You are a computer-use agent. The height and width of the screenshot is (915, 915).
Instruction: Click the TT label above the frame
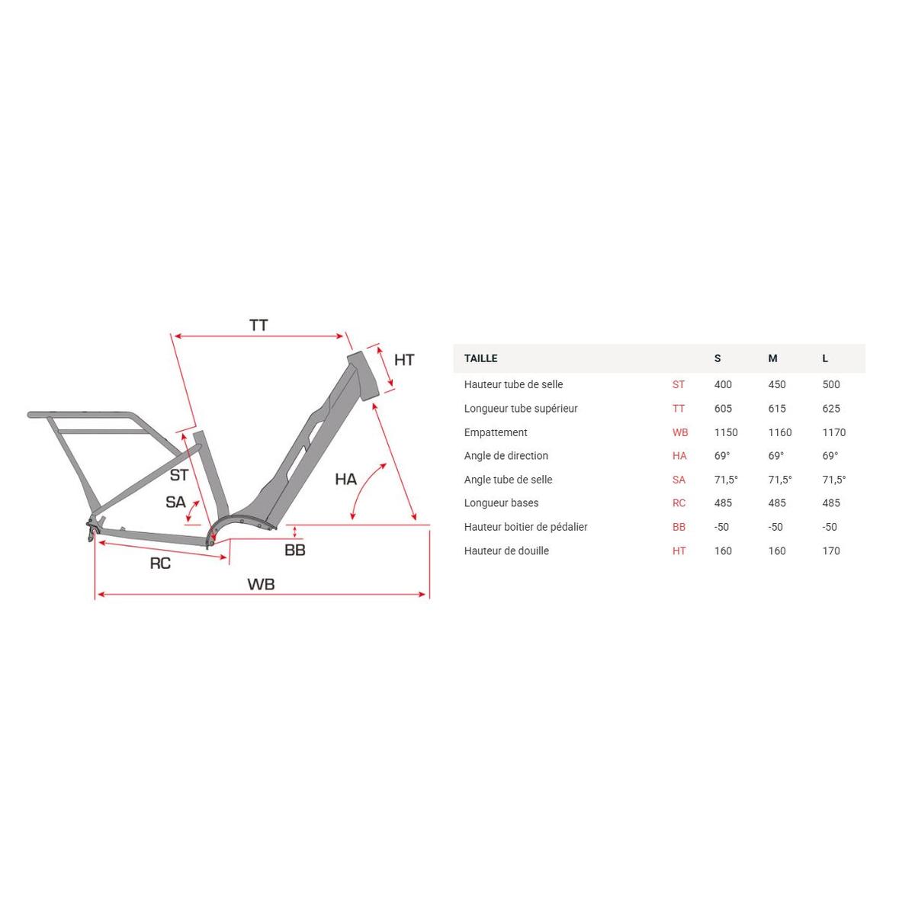[258, 326]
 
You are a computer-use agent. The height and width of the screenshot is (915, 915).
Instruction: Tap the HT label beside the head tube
[404, 360]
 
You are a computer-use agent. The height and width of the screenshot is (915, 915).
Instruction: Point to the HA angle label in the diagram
[345, 479]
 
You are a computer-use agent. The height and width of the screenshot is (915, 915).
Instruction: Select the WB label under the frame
[261, 584]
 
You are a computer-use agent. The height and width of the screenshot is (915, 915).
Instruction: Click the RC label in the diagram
[160, 563]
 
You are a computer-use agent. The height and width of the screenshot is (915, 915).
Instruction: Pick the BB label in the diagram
[295, 550]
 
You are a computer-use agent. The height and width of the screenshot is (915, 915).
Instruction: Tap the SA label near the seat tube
[175, 502]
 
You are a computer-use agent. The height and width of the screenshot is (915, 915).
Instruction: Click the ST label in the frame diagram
[178, 475]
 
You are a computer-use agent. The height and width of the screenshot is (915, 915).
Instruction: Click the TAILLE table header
[480, 358]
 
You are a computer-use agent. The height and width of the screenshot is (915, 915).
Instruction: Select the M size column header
[772, 358]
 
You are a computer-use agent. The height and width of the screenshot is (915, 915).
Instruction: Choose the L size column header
[825, 358]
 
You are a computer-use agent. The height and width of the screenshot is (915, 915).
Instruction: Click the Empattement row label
[496, 432]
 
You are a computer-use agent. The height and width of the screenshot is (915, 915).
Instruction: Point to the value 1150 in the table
[726, 432]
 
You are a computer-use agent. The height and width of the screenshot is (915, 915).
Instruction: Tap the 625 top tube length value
[831, 409]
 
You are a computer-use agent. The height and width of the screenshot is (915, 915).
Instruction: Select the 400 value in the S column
[723, 384]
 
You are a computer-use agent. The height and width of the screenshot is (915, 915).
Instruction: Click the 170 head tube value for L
[831, 551]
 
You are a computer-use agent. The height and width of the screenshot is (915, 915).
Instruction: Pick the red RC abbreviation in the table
[679, 503]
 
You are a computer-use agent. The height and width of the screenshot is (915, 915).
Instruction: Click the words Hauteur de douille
[506, 551]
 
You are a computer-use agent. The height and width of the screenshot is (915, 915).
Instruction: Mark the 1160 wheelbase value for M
[780, 432]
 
